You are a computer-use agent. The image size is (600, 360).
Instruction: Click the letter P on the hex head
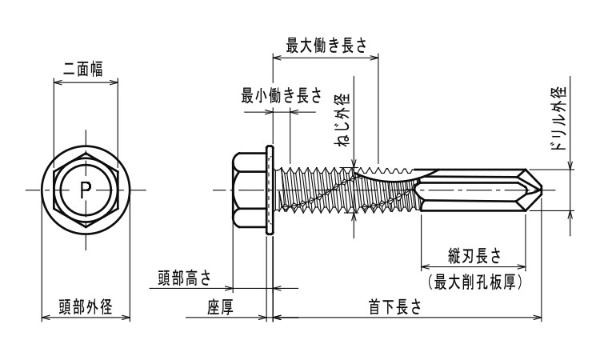pyautogui.click(x=86, y=190)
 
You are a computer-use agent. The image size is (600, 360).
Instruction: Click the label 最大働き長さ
pyautogui.click(x=326, y=46)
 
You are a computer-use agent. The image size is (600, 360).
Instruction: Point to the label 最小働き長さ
pyautogui.click(x=281, y=96)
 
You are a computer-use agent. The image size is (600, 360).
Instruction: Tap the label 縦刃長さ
pyautogui.click(x=474, y=257)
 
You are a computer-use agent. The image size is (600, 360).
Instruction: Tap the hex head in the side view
pyautogui.click(x=246, y=190)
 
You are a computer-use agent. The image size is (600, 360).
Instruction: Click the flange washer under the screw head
pyautogui.click(x=270, y=190)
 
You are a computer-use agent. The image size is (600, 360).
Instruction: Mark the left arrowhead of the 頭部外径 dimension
pyautogui.click(x=45, y=318)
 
